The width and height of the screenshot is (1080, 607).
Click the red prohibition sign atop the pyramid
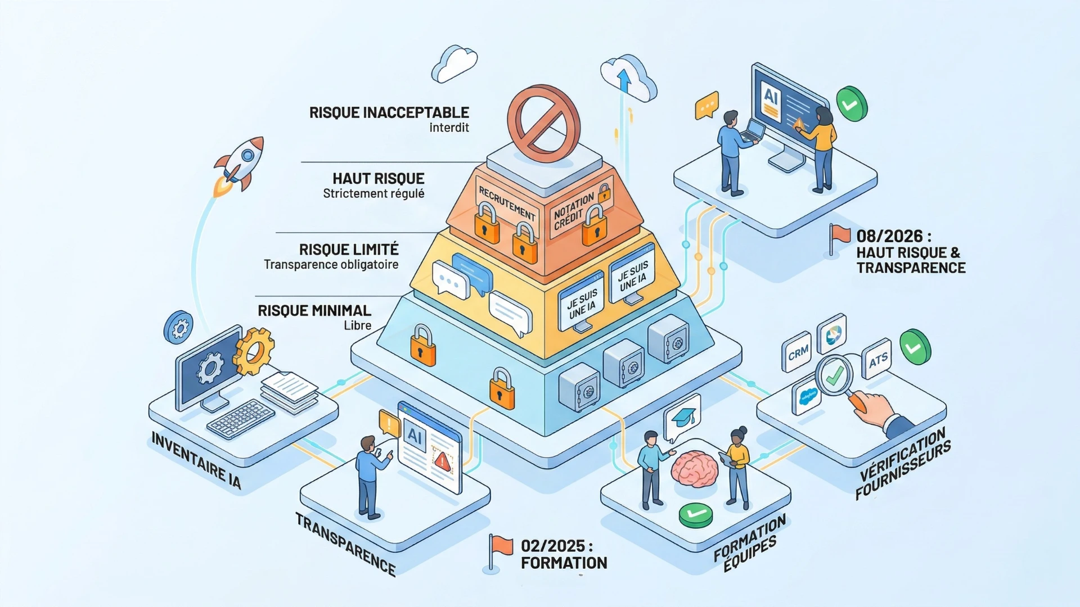543,120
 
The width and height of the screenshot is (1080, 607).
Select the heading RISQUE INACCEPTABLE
389,112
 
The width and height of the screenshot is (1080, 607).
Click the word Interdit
449,128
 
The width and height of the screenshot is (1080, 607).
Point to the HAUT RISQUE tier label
378,179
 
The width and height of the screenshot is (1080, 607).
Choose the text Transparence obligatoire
331,265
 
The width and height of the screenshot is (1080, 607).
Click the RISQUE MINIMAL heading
314,311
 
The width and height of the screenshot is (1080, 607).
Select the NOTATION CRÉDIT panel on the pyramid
574,210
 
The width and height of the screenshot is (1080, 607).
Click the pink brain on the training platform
695,468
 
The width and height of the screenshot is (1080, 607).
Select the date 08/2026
889,236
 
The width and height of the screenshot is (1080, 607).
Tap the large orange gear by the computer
254,351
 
